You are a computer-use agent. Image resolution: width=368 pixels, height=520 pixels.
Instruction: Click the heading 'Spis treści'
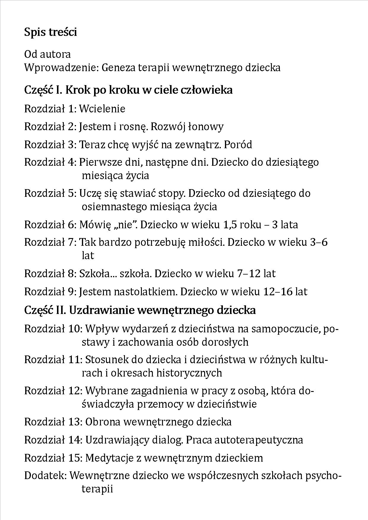pyautogui.click(x=50, y=32)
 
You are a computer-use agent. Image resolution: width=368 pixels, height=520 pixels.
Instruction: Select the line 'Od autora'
pyautogui.click(x=47, y=55)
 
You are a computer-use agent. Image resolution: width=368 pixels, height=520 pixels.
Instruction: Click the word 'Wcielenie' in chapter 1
pyautogui.click(x=102, y=109)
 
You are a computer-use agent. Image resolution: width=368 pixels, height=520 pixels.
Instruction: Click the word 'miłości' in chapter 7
pyautogui.click(x=205, y=243)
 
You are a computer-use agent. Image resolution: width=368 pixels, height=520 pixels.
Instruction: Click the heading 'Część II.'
pyautogui.click(x=45, y=310)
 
